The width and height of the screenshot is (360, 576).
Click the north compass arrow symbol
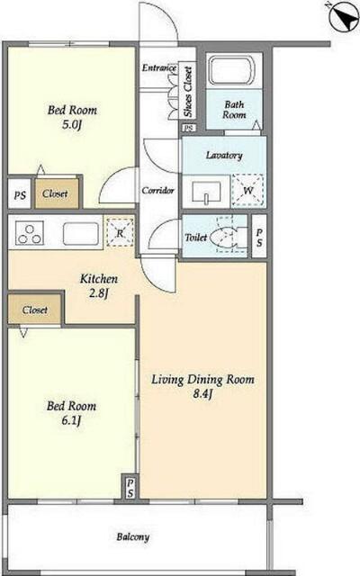click(x=344, y=16)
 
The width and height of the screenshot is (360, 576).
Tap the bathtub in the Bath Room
click(x=232, y=71)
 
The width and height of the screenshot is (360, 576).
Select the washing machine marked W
click(x=248, y=190)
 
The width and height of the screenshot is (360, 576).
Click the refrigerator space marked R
click(x=120, y=233)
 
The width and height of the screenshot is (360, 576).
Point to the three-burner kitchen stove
click(x=30, y=233)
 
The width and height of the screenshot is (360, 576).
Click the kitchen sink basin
click(x=81, y=234)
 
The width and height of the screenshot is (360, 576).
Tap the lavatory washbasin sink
click(x=206, y=191)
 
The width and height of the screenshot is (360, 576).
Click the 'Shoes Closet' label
click(x=188, y=92)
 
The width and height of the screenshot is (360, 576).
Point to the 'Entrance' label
click(x=159, y=67)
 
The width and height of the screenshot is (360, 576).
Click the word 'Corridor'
click(x=158, y=190)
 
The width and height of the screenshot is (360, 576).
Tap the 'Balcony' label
click(x=133, y=537)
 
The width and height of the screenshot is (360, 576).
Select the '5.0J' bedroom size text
click(x=71, y=124)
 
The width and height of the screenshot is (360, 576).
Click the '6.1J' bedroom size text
click(x=71, y=420)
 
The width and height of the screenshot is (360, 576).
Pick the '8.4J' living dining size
click(x=202, y=394)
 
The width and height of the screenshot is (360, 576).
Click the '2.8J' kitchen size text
click(x=98, y=293)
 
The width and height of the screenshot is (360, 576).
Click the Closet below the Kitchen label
click(x=34, y=310)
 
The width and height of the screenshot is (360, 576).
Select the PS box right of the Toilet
click(x=259, y=237)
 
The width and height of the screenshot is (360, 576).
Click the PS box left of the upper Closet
click(x=20, y=194)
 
